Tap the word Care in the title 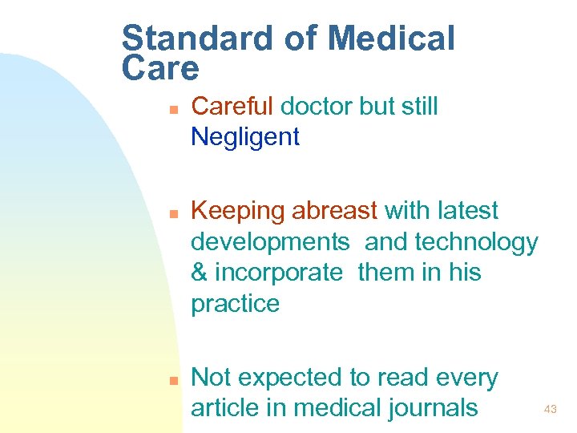point(160,69)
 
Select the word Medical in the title point(392,38)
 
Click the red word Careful point(232,106)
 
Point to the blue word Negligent point(245,137)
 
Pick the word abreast point(334,211)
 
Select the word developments point(270,242)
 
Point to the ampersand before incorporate point(199,273)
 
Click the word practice point(235,305)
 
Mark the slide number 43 point(550,410)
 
